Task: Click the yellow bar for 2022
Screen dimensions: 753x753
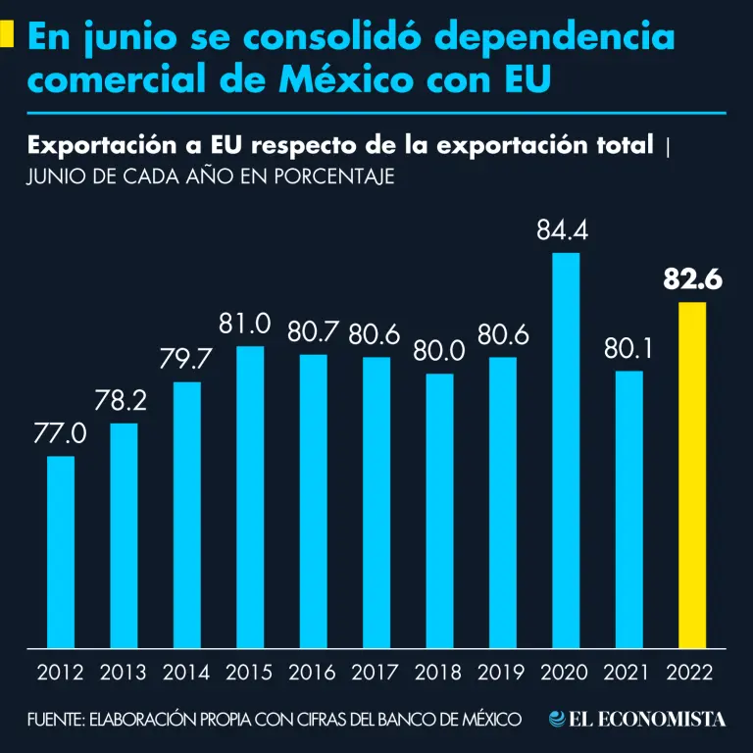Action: tap(692, 476)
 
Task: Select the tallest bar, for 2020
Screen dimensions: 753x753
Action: tap(566, 451)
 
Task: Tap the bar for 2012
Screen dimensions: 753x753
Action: tap(61, 552)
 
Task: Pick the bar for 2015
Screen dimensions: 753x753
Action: tap(250, 497)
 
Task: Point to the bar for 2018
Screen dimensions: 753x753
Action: tap(439, 511)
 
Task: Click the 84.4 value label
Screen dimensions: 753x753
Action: tap(566, 231)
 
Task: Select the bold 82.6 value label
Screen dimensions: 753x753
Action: tap(692, 280)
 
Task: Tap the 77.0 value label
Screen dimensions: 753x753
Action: tap(61, 433)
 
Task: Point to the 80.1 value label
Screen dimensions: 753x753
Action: tap(627, 348)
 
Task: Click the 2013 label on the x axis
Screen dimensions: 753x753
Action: tap(124, 674)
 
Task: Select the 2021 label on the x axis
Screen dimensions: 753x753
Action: tap(628, 674)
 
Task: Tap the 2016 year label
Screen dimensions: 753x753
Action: tap(313, 674)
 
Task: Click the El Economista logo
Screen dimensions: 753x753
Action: tap(637, 720)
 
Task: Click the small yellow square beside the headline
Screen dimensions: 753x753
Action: tap(7, 36)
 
